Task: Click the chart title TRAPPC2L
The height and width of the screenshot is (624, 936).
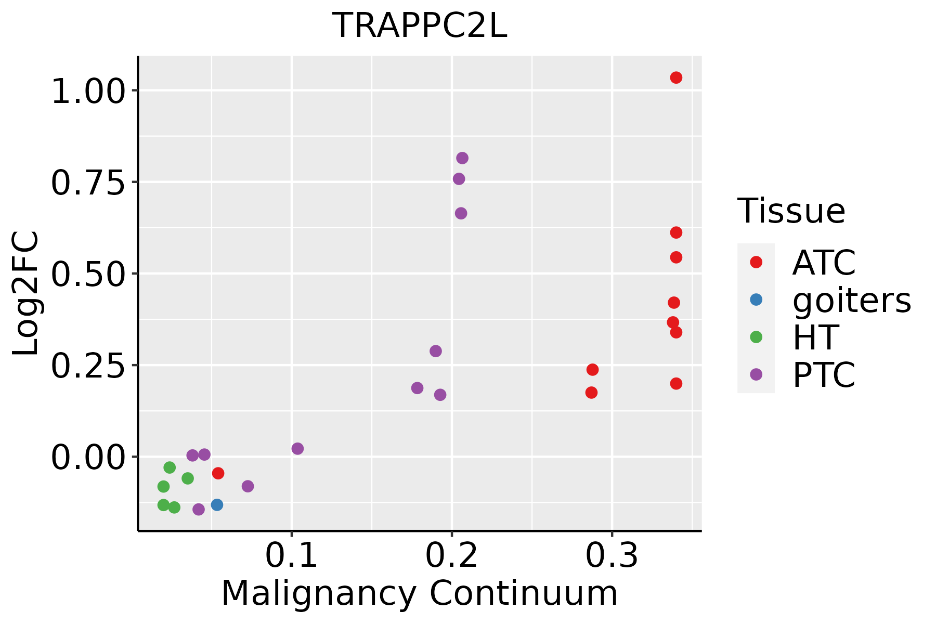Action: tap(419, 26)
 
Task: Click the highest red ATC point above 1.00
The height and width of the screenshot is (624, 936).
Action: tap(676, 78)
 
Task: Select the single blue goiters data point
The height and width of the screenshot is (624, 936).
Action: tap(217, 505)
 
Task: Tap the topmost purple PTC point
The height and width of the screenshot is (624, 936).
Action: tap(462, 158)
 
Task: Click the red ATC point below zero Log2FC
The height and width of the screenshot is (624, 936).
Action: tap(218, 473)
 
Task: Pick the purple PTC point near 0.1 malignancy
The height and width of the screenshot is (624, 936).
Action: tap(297, 449)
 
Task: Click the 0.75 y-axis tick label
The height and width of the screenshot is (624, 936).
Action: tap(88, 183)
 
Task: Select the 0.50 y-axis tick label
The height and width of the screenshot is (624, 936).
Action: tap(88, 274)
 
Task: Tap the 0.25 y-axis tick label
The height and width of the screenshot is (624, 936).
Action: tap(88, 366)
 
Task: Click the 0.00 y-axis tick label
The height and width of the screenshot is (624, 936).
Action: tap(88, 457)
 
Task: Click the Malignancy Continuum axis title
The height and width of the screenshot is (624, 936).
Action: tap(419, 594)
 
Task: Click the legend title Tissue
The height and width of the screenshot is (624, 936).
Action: tap(791, 211)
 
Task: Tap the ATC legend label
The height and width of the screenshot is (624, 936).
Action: tap(824, 263)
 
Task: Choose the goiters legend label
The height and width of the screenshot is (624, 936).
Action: tap(851, 300)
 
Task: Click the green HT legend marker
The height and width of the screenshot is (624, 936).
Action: tap(756, 337)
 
